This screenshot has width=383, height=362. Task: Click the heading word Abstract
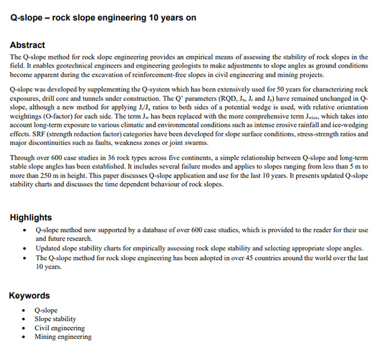(x=27, y=45)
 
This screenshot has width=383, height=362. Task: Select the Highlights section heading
(x=31, y=218)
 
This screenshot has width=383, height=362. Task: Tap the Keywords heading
(x=29, y=296)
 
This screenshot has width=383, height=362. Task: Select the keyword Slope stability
(x=55, y=319)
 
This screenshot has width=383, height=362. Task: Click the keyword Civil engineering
(x=59, y=328)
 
